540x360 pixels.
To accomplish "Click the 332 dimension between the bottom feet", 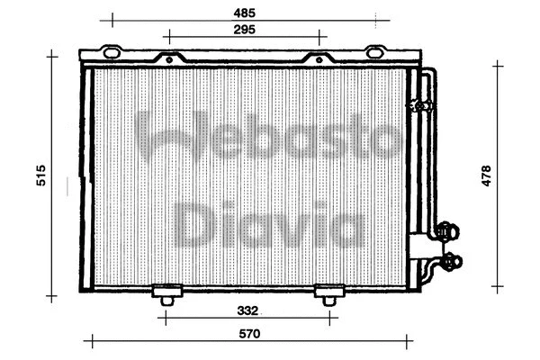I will pyautogui.click(x=249, y=310).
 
